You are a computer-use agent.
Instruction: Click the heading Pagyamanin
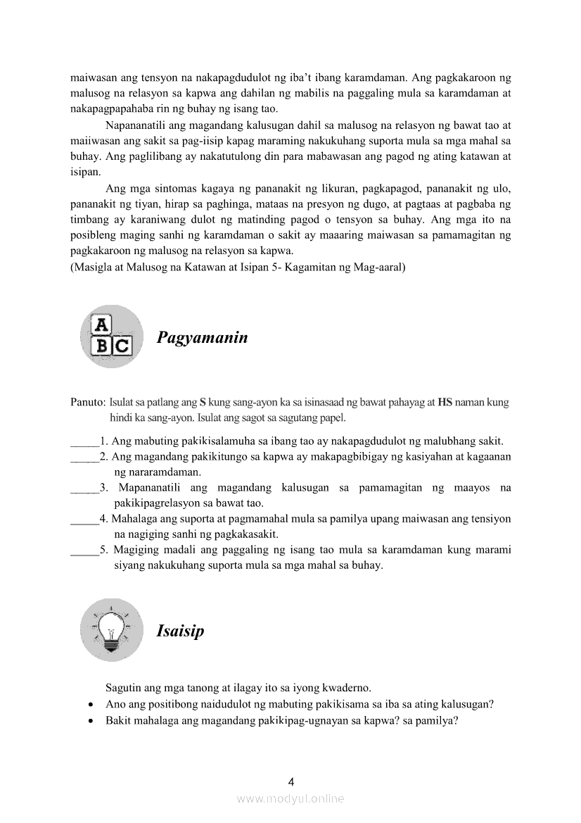pos(202,338)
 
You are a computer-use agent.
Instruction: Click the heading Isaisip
pos(180,631)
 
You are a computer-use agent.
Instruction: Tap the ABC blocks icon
pos(112,336)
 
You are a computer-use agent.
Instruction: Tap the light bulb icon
pos(112,629)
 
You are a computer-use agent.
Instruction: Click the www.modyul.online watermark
pos(290,798)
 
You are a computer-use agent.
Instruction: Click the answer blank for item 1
pos(84,442)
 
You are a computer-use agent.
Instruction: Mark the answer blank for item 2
pos(84,458)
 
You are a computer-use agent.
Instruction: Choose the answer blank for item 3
pos(84,489)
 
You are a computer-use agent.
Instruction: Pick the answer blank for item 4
pos(84,520)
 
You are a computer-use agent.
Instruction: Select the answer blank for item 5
pos(84,551)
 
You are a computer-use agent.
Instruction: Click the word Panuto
pos(87,403)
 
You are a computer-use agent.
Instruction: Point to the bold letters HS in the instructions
pos(445,403)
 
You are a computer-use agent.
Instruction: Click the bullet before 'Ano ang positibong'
pos(91,704)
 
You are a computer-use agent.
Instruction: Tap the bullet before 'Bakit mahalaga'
pos(91,721)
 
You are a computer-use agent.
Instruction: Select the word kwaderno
pos(346,687)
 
